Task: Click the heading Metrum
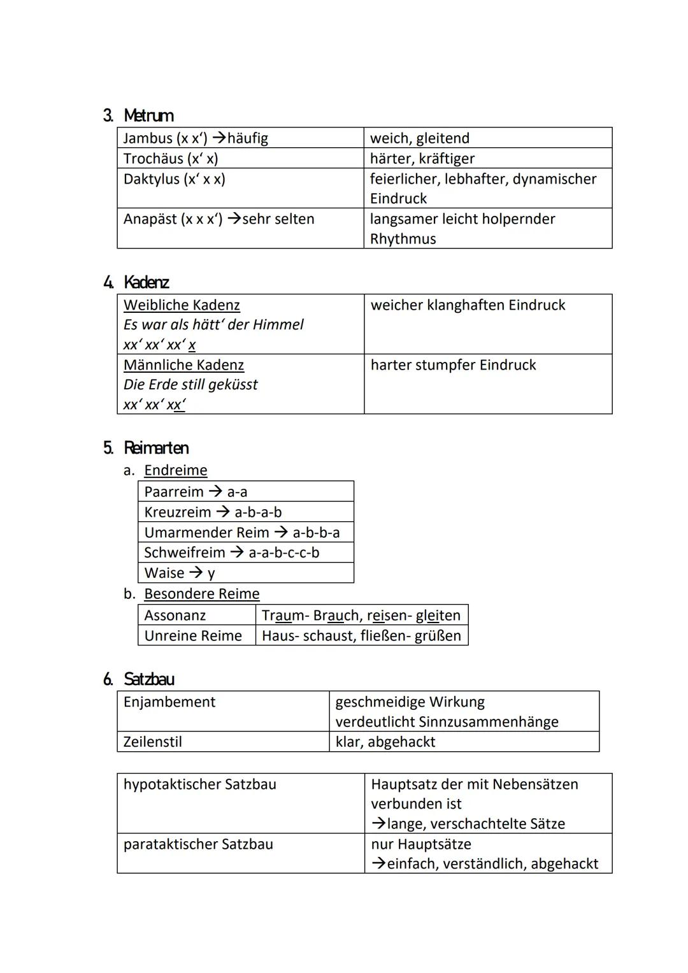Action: pyautogui.click(x=148, y=115)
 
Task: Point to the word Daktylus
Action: pyautogui.click(x=151, y=179)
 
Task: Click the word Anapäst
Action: pyautogui.click(x=150, y=219)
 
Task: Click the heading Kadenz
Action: pyautogui.click(x=146, y=282)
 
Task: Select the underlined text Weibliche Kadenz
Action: pyautogui.click(x=182, y=305)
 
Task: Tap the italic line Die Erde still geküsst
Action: pyautogui.click(x=190, y=385)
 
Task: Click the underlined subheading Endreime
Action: pyautogui.click(x=175, y=470)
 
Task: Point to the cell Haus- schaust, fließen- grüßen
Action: pyautogui.click(x=361, y=636)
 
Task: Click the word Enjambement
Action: pyautogui.click(x=169, y=702)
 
